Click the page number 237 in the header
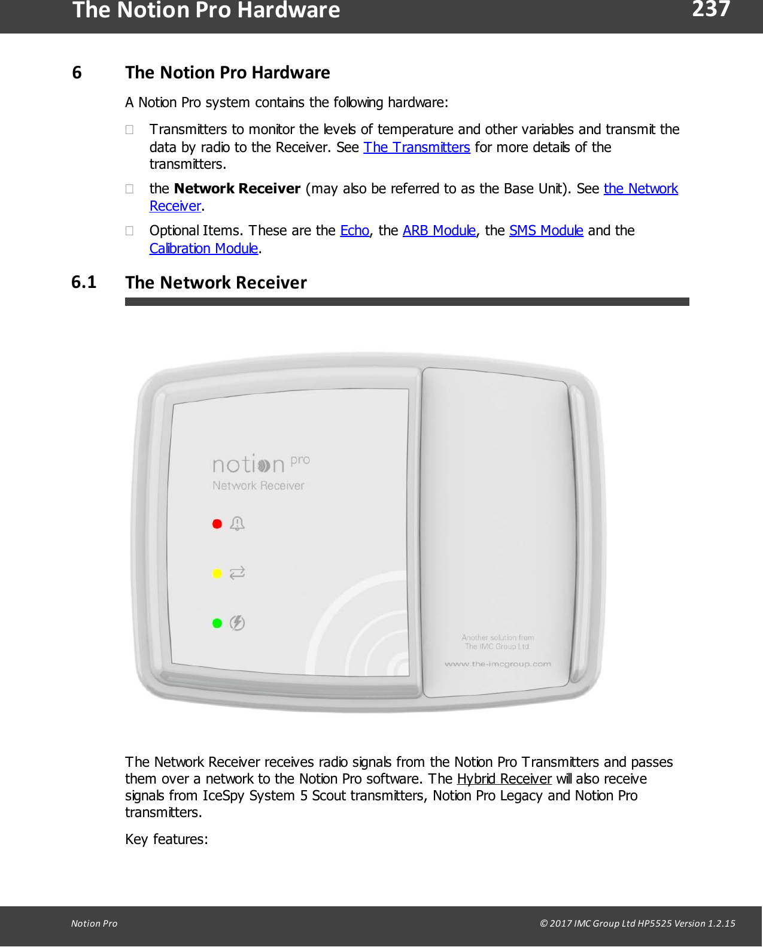[x=710, y=10]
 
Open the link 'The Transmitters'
[x=417, y=147]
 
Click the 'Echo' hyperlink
[x=354, y=230]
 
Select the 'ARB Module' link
[x=439, y=230]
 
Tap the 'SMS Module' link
[x=546, y=230]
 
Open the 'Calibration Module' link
[x=203, y=248]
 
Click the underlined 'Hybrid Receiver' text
[x=504, y=779]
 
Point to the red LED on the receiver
[x=217, y=524]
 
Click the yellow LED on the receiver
[x=217, y=573]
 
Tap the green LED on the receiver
[x=217, y=623]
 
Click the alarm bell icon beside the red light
[x=238, y=524]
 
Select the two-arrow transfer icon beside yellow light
[x=238, y=573]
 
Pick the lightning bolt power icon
[x=238, y=623]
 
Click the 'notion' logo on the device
[x=248, y=465]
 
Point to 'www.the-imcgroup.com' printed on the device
[x=497, y=664]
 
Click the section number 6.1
[x=84, y=282]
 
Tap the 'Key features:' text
[x=166, y=839]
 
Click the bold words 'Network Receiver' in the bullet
[x=237, y=189]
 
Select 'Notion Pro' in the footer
[x=94, y=923]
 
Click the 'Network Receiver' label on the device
[x=258, y=485]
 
